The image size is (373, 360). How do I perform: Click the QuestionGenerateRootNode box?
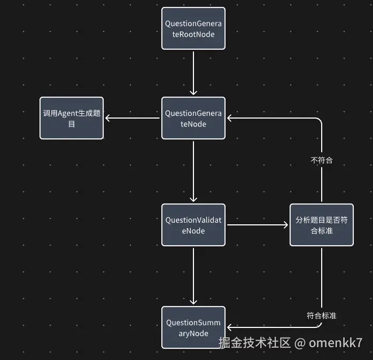(193, 28)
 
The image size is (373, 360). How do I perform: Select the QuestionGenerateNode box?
(193, 118)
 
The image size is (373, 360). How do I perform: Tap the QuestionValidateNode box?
(193, 225)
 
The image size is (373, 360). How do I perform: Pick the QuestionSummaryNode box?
(193, 327)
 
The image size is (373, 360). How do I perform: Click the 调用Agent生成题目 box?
(72, 118)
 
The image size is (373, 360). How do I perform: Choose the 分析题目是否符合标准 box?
(322, 225)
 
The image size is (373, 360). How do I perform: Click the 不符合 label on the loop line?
(322, 160)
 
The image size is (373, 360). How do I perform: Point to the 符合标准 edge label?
(322, 315)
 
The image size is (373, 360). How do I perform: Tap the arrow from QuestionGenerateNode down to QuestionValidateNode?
(193, 171)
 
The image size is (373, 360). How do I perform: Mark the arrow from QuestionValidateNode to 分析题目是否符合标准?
(258, 225)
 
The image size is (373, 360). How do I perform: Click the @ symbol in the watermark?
(301, 342)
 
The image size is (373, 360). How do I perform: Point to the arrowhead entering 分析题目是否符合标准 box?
(285, 225)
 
